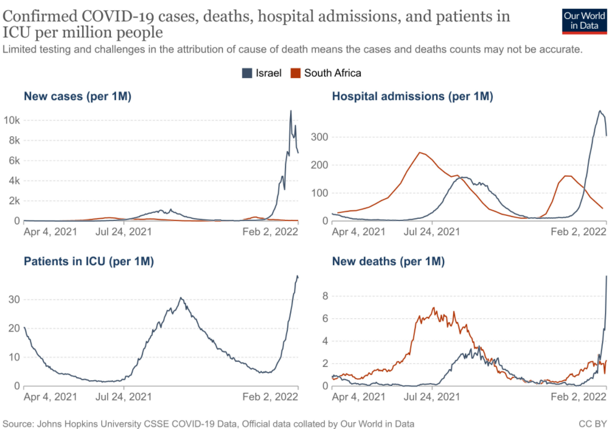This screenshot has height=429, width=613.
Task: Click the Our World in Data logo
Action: pos(584,21)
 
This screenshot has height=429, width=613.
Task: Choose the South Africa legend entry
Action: pos(326,73)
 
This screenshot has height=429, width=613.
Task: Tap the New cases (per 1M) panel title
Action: pos(78,96)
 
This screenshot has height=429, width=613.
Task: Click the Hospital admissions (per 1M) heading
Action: pos(412,96)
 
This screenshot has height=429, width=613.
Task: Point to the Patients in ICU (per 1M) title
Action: pos(88,262)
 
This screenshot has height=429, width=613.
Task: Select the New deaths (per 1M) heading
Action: pos(388,262)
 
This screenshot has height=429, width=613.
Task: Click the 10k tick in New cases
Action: pos(13,121)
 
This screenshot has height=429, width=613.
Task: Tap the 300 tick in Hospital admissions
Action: pos(319,137)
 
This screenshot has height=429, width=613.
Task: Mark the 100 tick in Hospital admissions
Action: pos(319,193)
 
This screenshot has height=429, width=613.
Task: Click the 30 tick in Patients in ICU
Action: pos(14,300)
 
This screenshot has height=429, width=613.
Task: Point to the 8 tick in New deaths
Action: pos(325,296)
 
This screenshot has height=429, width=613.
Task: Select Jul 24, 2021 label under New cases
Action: pos(124,232)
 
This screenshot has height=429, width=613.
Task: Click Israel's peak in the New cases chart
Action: pos(291,111)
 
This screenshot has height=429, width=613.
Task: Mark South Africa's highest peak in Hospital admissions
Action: pos(420,152)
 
